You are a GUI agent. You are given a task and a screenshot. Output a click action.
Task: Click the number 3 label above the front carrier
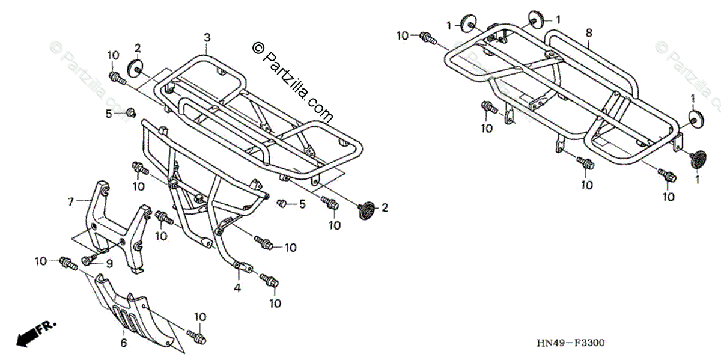[207, 38]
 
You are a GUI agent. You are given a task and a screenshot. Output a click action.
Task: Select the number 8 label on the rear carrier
[589, 32]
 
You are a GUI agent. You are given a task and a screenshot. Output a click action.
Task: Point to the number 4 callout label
[237, 288]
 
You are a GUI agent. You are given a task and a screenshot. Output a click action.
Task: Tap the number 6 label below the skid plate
[124, 343]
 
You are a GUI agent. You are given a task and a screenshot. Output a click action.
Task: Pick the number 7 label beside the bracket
[70, 200]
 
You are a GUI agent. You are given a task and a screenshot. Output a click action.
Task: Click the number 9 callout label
[109, 263]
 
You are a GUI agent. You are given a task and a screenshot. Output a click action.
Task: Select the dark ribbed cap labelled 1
[696, 159]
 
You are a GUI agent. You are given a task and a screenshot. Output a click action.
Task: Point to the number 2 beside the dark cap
[385, 209]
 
